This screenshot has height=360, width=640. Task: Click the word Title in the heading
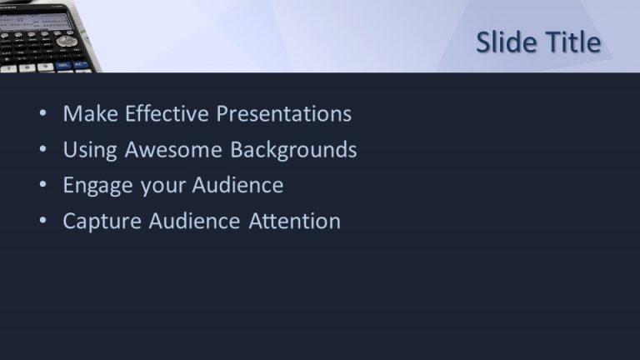pos(573,42)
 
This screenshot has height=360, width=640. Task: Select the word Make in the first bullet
pos(91,113)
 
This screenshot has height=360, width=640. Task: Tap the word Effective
pos(167,113)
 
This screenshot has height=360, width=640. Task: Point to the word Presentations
pos(283,113)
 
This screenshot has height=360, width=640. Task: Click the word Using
pos(90,150)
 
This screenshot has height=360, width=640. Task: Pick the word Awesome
pos(173,149)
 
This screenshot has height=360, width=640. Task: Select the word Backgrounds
pos(293,149)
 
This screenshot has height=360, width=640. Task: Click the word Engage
pos(98,186)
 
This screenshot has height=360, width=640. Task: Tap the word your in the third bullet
pos(162,187)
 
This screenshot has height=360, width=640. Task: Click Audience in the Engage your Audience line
pos(237,185)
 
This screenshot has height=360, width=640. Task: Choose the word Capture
pos(102,222)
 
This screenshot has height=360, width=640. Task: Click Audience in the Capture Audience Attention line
pos(194,221)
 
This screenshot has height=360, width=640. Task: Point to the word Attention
pos(294,221)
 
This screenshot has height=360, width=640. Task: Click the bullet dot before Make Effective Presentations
pos(42,113)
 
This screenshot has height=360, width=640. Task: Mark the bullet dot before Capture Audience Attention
pos(42,220)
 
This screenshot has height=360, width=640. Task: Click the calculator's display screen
pos(35,22)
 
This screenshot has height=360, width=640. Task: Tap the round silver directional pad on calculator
pos(66,41)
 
